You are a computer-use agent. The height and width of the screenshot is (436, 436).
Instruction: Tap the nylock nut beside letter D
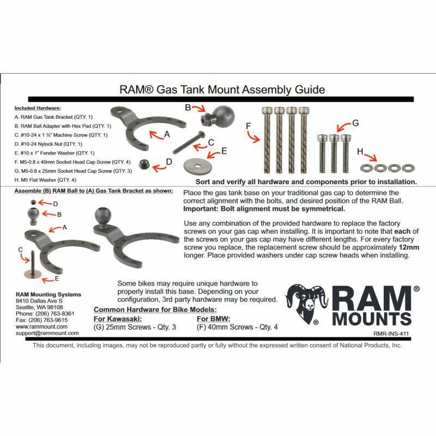144,164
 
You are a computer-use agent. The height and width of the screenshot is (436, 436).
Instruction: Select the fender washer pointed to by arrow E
197,166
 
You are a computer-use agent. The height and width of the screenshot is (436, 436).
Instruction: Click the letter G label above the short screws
355,123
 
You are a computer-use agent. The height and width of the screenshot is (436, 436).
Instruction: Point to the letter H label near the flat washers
360,152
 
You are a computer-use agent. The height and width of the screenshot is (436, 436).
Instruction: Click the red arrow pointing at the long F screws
253,137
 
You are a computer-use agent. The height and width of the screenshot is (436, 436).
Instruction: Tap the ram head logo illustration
306,304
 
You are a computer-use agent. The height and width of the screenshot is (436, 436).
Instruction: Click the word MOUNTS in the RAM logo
372,319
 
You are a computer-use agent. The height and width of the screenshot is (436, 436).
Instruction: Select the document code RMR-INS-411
391,334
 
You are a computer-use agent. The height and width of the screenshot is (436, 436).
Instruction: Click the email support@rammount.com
47,333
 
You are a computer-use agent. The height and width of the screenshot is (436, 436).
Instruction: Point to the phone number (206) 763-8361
45,314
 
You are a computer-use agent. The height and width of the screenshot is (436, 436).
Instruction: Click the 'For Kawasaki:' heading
118,319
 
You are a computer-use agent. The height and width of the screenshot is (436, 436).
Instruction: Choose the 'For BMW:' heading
214,319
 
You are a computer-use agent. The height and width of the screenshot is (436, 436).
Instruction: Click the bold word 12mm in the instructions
409,247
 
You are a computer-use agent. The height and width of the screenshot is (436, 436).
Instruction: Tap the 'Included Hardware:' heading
38,108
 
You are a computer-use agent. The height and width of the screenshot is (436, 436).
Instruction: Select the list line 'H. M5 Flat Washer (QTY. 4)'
45,180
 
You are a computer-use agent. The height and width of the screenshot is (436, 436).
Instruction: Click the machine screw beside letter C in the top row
189,143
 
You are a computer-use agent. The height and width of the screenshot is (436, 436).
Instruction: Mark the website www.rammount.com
42,326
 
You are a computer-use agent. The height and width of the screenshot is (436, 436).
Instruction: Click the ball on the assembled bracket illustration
103,215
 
